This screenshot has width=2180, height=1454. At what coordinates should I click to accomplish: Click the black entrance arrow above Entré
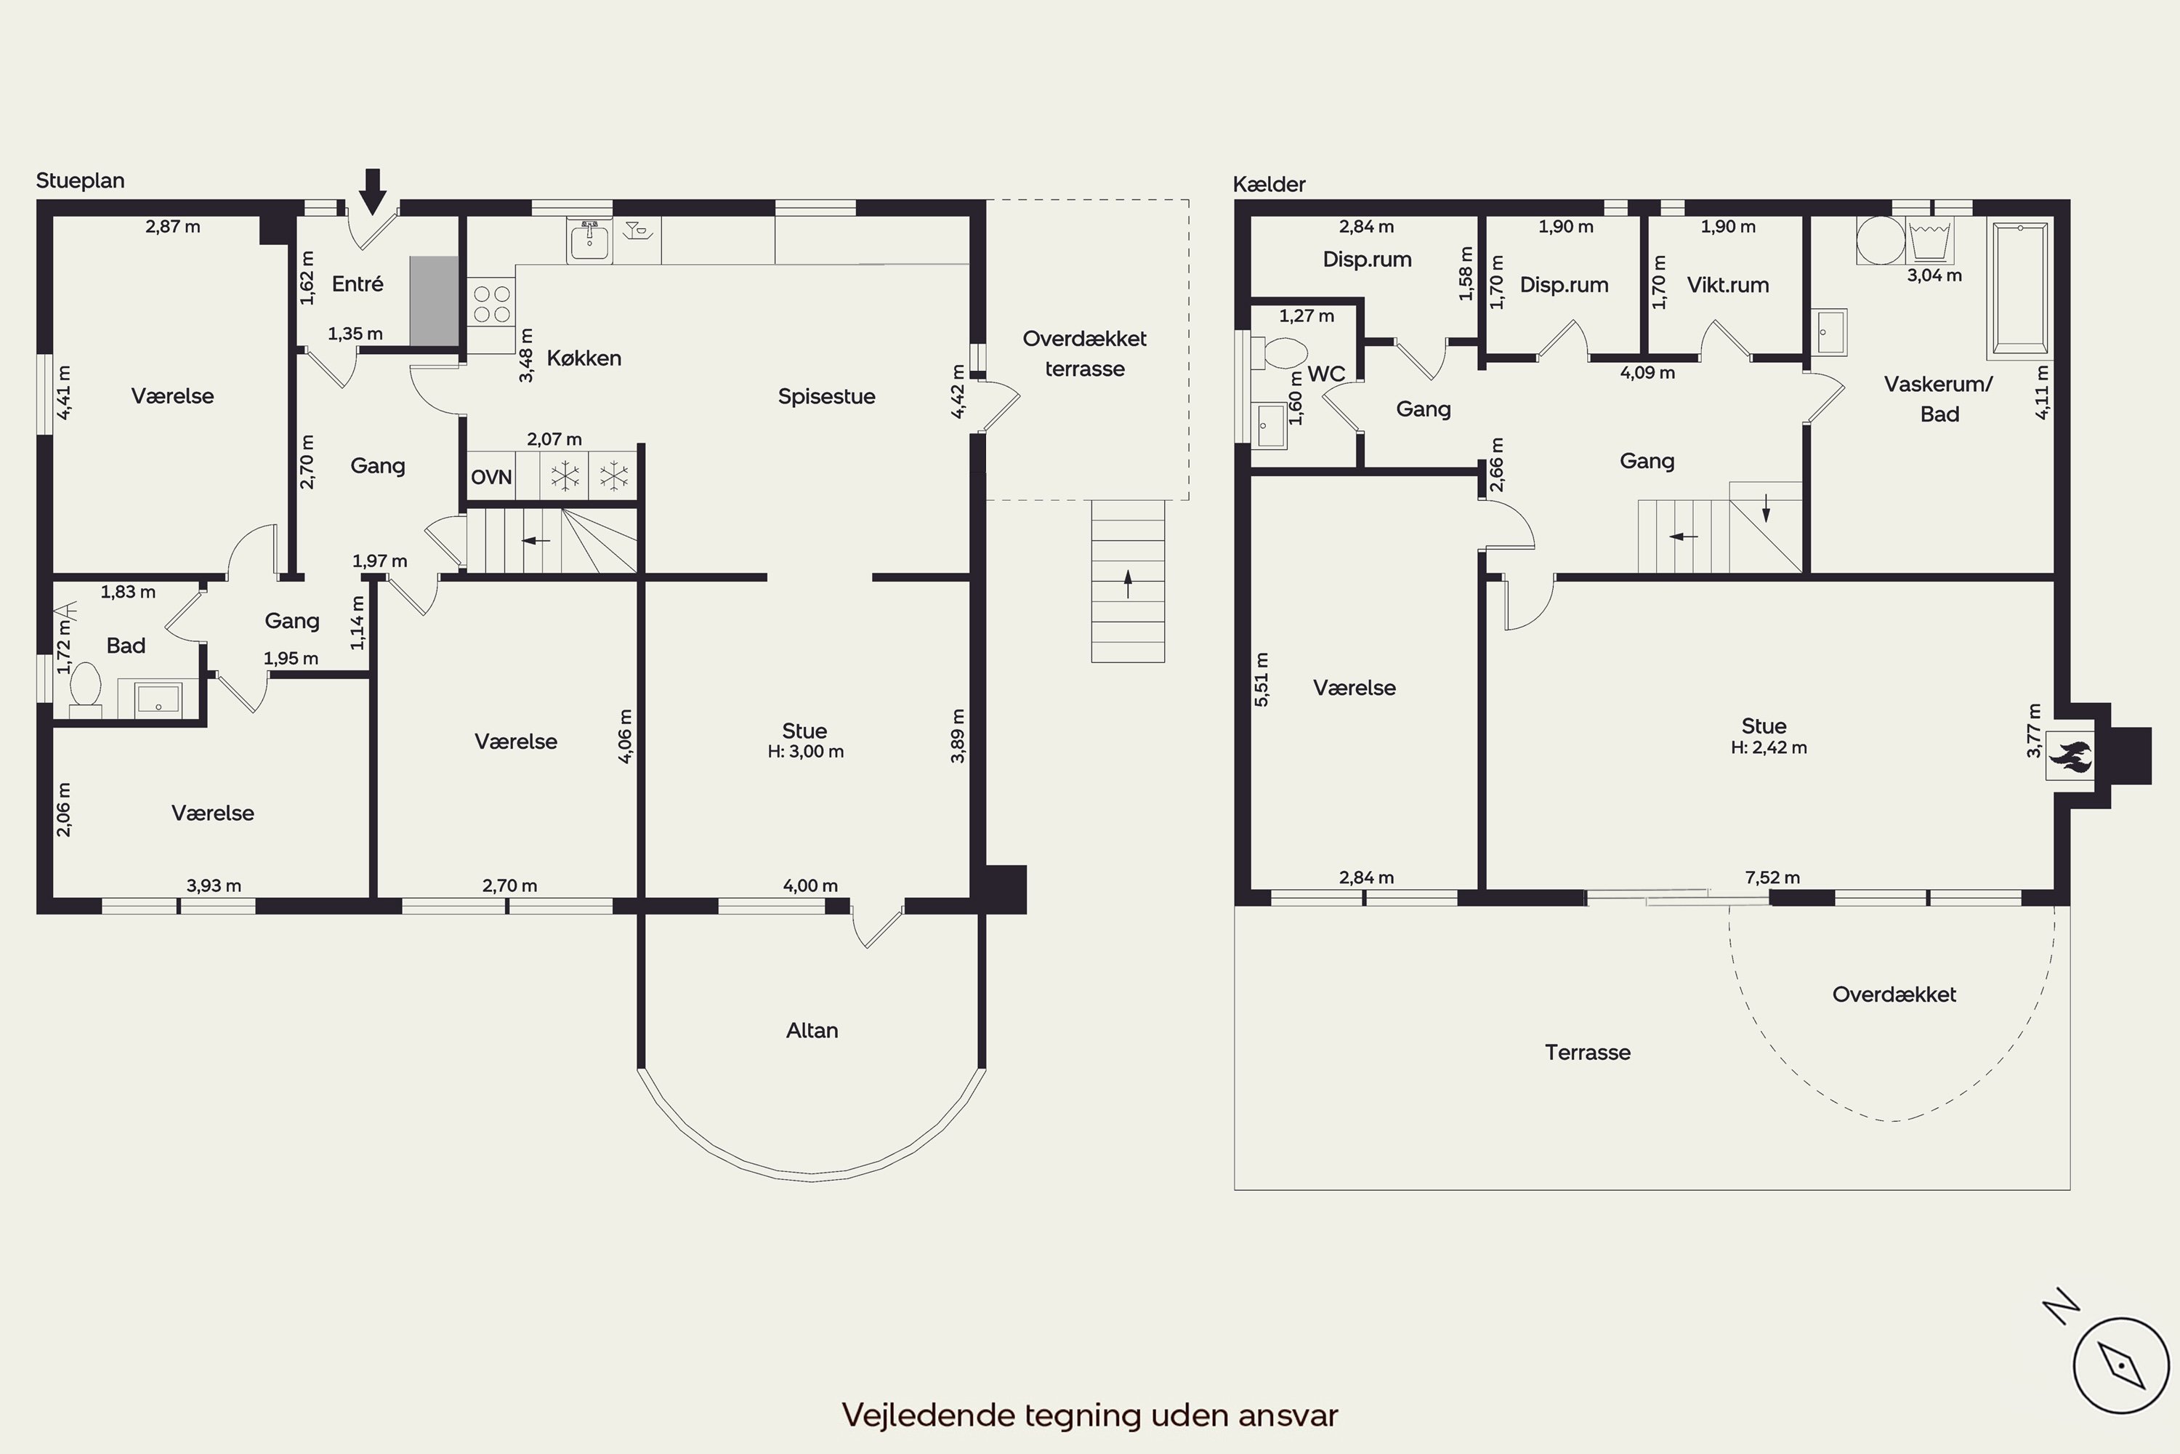(x=373, y=191)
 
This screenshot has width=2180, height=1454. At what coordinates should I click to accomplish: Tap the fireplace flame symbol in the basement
(x=2070, y=756)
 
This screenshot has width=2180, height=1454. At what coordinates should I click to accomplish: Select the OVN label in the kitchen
(x=491, y=478)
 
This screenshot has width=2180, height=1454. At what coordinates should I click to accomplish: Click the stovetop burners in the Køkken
(x=491, y=303)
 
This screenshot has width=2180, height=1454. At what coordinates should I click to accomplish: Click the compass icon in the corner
(x=2120, y=1365)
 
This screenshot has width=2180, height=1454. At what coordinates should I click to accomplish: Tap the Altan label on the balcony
(x=812, y=1030)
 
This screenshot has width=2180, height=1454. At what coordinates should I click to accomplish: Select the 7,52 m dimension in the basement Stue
(x=1772, y=877)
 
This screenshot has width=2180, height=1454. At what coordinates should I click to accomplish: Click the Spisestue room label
(x=827, y=397)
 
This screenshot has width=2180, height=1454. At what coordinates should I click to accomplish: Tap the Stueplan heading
(x=81, y=181)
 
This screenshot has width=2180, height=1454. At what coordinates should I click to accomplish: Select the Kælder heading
(x=1269, y=184)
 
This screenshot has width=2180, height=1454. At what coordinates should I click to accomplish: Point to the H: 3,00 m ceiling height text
(x=805, y=751)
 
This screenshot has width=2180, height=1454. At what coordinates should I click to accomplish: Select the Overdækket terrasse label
(x=1084, y=353)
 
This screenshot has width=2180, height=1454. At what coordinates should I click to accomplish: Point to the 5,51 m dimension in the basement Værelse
(x=1261, y=680)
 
